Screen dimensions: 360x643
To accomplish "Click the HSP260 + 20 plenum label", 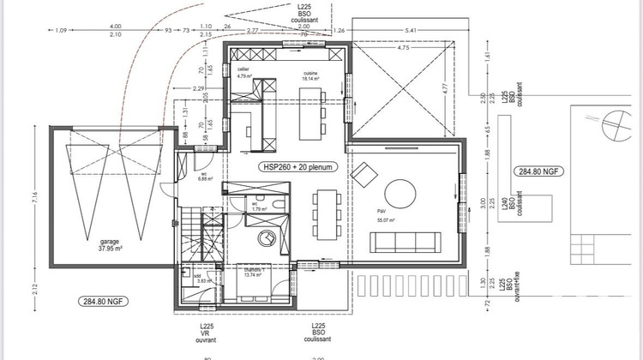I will coord(300,168).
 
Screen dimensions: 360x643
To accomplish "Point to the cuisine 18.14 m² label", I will coord(310,77).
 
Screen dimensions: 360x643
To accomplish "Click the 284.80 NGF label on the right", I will coord(538,171).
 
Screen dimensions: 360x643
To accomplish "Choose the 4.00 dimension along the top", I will coord(116,27).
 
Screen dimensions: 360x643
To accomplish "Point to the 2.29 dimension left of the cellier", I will coord(198,88).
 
